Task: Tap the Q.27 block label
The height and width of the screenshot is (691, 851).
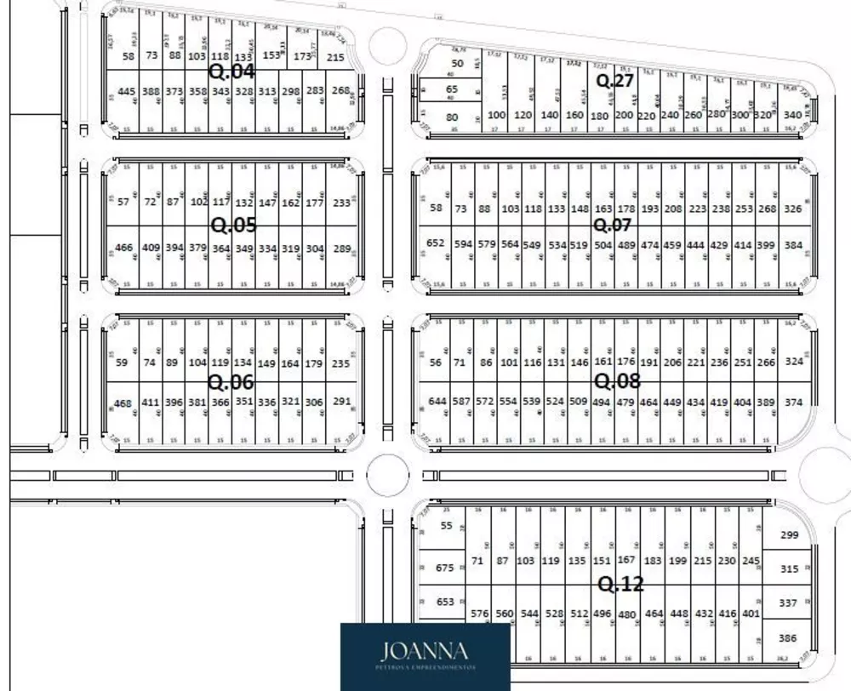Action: tap(614, 81)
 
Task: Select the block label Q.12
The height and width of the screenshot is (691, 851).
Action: tap(620, 585)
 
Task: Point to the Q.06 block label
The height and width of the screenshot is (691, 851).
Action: tap(231, 381)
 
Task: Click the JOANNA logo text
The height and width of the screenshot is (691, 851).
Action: tap(425, 652)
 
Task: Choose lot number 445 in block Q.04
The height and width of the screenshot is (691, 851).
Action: tap(127, 91)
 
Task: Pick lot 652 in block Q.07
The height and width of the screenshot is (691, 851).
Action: tap(436, 243)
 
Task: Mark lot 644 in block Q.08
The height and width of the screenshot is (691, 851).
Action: tap(437, 401)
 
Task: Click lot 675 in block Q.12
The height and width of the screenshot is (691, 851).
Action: tap(445, 568)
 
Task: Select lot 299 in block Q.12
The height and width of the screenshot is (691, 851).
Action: tap(789, 535)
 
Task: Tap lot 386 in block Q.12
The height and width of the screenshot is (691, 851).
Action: tap(788, 637)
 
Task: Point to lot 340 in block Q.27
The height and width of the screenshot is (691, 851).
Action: tap(792, 115)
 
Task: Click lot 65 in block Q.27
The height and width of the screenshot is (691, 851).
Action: tap(452, 89)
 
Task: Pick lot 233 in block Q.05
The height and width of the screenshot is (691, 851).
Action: tap(342, 203)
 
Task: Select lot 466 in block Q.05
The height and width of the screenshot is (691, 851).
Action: tap(124, 248)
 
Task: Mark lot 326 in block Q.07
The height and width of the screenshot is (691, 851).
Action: tap(793, 208)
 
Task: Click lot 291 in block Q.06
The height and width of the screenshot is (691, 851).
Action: tap(342, 402)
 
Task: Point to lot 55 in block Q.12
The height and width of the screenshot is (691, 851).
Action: tap(447, 526)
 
